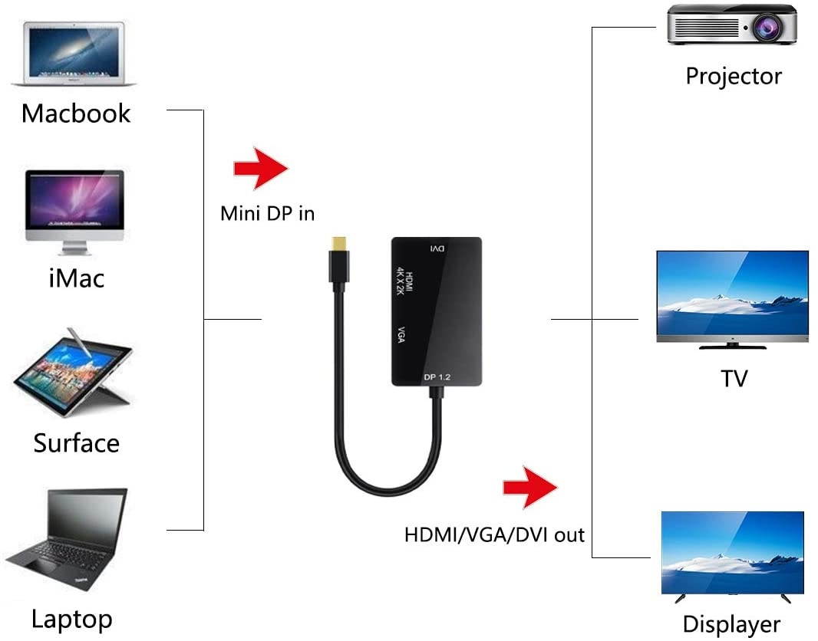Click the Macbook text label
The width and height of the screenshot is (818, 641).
pos(76,113)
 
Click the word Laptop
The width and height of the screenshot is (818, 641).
pos(72,619)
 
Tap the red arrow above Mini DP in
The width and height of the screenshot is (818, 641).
pos(261,169)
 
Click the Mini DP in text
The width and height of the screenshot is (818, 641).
pos(267,213)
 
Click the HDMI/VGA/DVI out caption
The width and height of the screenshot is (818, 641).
pos(494,534)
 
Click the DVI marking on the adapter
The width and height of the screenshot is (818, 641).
pos(436,249)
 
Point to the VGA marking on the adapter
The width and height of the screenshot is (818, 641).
pos(401,335)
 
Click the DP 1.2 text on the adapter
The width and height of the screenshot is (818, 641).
pos(440,376)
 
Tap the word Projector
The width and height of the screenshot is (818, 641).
pos(733,76)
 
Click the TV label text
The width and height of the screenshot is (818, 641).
pos(734,378)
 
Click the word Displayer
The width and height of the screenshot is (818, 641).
pos(731,624)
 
